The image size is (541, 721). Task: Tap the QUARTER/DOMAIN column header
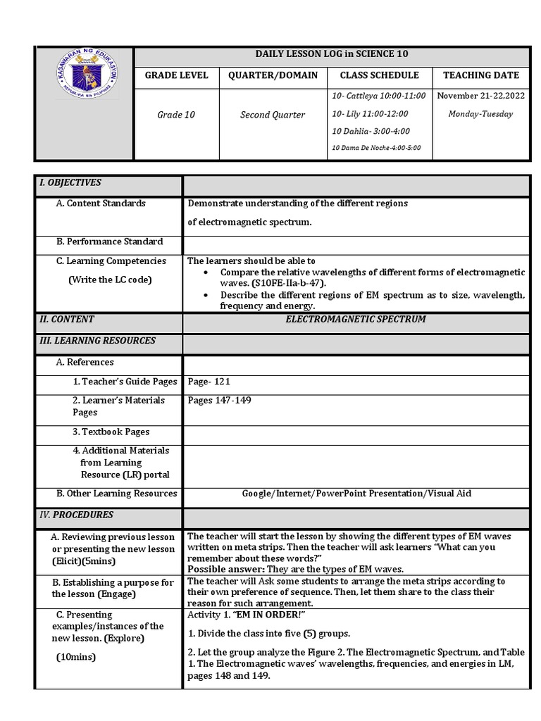[273, 75]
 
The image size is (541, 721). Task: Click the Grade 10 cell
[176, 114]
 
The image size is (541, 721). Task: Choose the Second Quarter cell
[273, 114]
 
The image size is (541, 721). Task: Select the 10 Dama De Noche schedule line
[375, 148]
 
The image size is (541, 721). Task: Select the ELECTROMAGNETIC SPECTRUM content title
[355, 319]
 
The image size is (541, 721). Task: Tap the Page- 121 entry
[209, 382]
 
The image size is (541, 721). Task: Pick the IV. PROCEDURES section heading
[76, 515]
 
